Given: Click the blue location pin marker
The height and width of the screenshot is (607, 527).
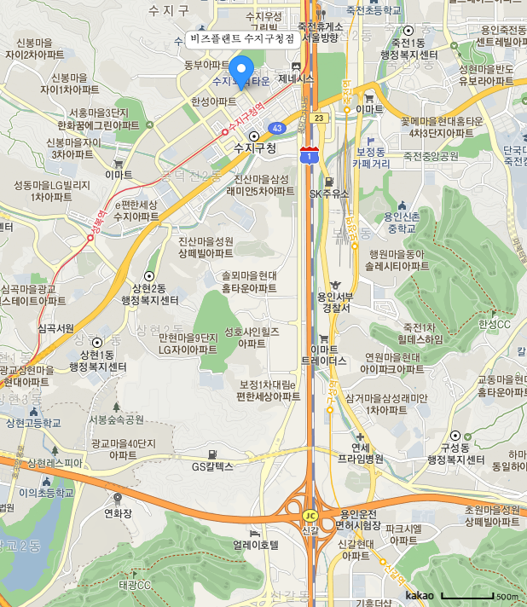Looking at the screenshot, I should click(x=241, y=71).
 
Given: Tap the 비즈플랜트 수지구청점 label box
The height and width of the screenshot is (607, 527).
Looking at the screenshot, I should click(x=242, y=39).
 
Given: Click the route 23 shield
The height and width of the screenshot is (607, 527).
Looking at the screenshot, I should click(x=318, y=118).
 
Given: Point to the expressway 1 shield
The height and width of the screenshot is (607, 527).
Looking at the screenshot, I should click(x=309, y=154).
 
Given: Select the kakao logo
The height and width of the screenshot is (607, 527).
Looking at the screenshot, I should click(x=420, y=595).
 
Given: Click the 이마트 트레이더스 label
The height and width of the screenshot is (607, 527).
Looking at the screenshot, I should click(x=324, y=355).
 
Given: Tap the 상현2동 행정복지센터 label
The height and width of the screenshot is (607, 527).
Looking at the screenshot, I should click(x=149, y=294).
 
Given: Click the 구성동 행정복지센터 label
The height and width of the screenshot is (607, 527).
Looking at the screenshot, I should click(x=455, y=454).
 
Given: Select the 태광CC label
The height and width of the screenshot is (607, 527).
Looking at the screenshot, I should click(x=135, y=585).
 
